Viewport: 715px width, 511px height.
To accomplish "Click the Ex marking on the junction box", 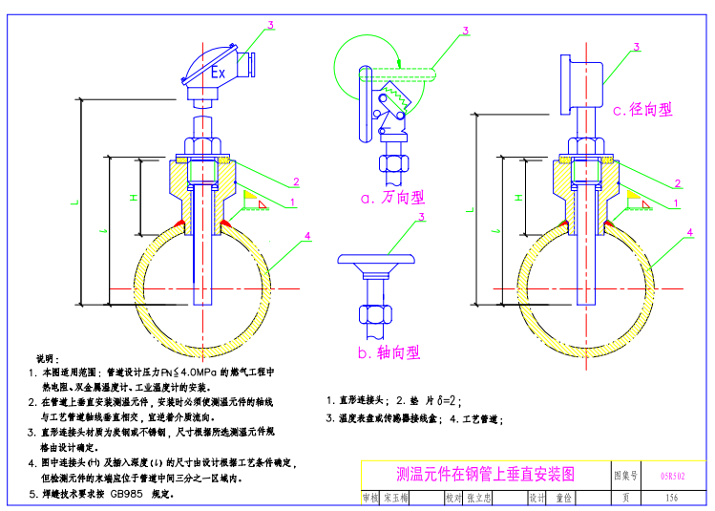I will tap(218, 73).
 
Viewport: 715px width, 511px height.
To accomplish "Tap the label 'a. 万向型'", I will tap(391, 198).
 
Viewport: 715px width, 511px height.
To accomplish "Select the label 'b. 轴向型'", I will tap(389, 352).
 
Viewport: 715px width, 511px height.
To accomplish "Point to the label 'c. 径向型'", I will tap(642, 110).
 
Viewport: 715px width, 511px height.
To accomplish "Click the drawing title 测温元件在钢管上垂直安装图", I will tap(486, 474).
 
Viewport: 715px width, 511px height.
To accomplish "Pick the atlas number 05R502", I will tap(672, 474).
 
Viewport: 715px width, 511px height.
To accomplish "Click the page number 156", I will tap(671, 498).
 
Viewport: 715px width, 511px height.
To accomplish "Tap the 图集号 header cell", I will tap(625, 474).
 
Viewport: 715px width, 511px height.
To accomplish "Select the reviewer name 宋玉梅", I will tap(395, 498).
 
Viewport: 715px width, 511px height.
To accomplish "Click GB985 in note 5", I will tap(129, 495).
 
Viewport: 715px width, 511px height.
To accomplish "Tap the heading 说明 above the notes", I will tap(47, 358).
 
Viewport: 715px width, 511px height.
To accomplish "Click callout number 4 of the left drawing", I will tap(307, 234).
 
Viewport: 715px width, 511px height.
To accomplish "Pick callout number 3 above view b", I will tap(420, 218).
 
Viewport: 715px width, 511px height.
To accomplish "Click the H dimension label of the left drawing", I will tap(133, 197).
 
